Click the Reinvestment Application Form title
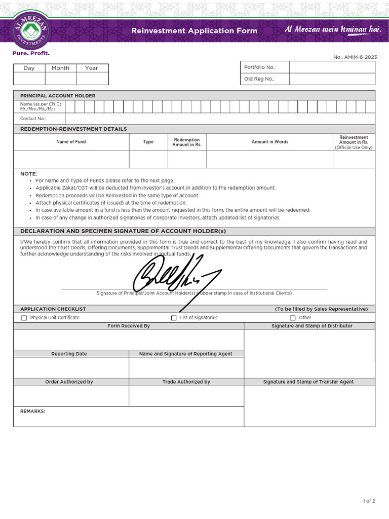(x=194, y=31)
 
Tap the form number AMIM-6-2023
(x=355, y=57)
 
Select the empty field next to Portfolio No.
(x=332, y=67)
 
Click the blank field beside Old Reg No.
(x=332, y=79)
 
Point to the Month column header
(x=60, y=68)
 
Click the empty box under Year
(x=92, y=79)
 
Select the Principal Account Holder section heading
(x=57, y=96)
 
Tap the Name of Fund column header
(x=71, y=142)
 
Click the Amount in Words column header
(x=269, y=142)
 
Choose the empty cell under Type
(x=148, y=159)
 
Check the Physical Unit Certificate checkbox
(x=24, y=318)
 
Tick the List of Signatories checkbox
(x=174, y=318)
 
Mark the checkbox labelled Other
(x=293, y=318)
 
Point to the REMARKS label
(x=32, y=411)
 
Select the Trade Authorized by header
(x=186, y=382)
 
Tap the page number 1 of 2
(x=369, y=501)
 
